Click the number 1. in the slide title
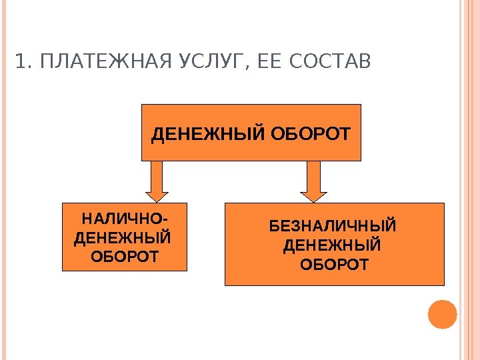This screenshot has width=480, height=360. tap(22, 63)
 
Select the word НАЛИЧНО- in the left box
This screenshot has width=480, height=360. tap(124, 219)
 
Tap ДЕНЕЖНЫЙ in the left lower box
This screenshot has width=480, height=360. tap(123, 237)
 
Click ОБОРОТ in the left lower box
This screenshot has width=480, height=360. tap(125, 256)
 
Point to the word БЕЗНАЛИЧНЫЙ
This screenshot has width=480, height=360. tap(333, 227)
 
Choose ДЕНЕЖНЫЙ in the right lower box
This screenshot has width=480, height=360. tap(332, 246)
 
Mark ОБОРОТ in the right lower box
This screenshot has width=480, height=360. tap(334, 265)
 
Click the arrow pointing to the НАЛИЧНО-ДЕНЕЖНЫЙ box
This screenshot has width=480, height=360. tap(156, 180)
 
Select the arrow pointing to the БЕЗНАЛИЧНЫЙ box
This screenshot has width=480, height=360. tap(313, 180)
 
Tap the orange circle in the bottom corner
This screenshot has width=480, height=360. tap(443, 314)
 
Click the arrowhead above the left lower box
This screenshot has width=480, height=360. tap(156, 195)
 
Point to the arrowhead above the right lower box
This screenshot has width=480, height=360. tap(313, 195)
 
